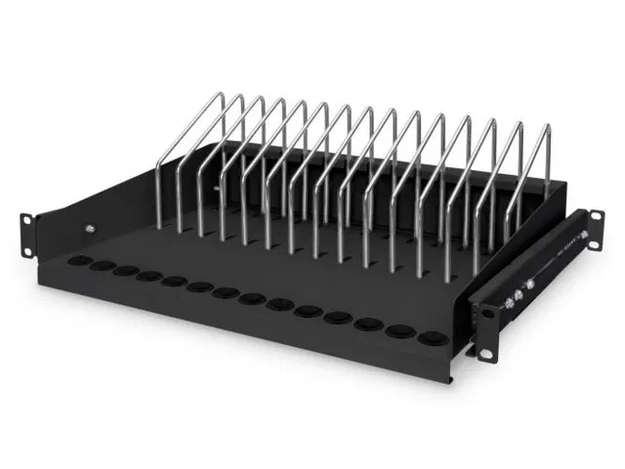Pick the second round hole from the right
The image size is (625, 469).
398,331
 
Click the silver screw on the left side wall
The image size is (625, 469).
90,230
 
